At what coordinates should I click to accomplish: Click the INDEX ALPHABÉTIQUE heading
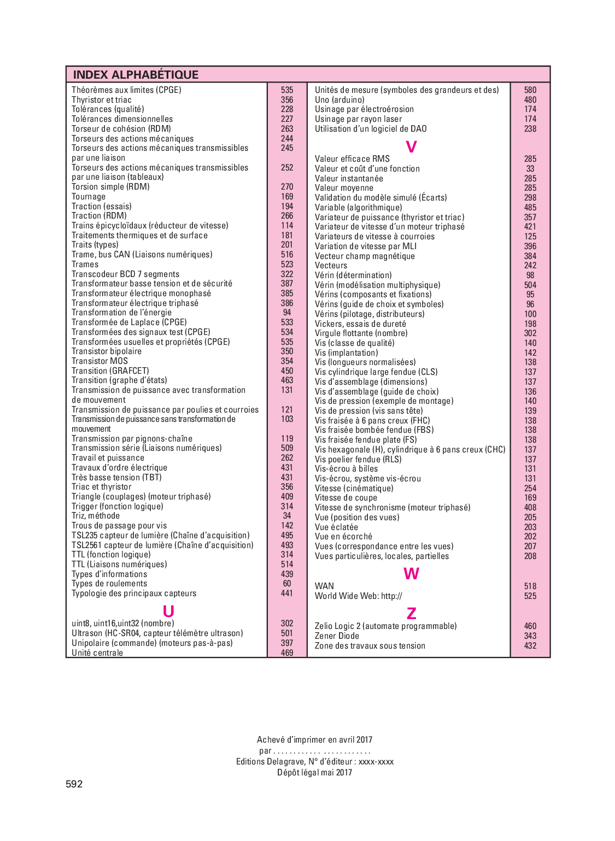(x=136, y=75)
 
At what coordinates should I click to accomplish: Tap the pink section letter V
(x=411, y=146)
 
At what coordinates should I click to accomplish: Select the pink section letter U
(x=168, y=611)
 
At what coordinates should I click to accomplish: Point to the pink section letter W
(x=411, y=573)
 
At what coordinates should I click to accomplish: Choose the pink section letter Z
(x=411, y=613)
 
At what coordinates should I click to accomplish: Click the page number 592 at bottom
(x=74, y=784)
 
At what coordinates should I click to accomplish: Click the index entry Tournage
(x=89, y=197)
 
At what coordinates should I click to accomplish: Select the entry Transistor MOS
(x=99, y=361)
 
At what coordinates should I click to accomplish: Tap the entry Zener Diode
(x=337, y=636)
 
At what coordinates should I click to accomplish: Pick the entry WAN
(x=324, y=586)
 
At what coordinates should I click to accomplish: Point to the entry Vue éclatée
(x=336, y=527)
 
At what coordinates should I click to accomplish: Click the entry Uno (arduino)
(x=339, y=100)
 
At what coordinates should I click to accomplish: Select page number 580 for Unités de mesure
(x=530, y=90)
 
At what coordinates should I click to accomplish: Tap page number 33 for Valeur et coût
(x=530, y=169)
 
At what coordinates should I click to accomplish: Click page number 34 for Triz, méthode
(x=287, y=516)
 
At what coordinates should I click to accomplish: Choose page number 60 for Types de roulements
(x=287, y=584)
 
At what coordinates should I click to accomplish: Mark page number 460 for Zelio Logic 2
(x=530, y=626)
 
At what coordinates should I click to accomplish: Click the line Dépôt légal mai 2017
(x=314, y=773)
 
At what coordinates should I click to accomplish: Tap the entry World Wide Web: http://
(x=358, y=596)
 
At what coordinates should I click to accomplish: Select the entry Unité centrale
(x=97, y=653)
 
